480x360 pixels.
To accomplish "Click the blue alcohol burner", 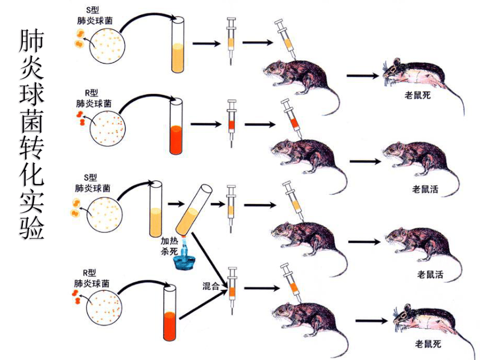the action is coord(184,258).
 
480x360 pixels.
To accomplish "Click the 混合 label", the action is coord(211,286).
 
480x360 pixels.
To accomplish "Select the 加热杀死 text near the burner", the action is coord(169,246).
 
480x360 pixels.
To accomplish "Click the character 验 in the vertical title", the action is coord(32,227).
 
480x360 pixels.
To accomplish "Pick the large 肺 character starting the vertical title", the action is coord(32,41).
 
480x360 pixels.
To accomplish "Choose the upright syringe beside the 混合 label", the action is coord(232,290).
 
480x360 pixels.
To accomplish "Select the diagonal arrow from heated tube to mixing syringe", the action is coord(210,261).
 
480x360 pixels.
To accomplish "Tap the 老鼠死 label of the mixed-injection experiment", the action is coord(428,344).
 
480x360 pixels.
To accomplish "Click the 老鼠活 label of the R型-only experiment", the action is coord(425,189).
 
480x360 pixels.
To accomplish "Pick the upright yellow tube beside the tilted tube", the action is coord(156,209).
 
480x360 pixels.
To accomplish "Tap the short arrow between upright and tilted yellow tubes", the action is coord(176,204).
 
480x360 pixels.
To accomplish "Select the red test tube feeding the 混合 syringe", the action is coord(170,313).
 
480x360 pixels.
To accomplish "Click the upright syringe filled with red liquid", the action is coord(232,124).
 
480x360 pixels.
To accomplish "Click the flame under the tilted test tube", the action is coord(184,241).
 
